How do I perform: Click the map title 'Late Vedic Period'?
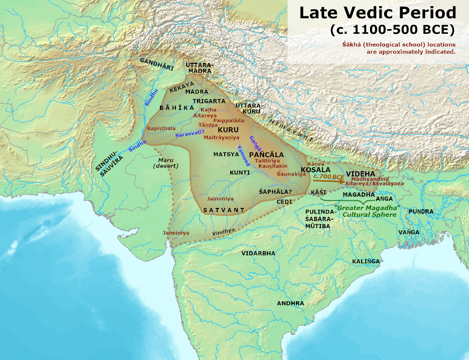click(378, 13)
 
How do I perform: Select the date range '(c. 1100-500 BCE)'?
click(392, 30)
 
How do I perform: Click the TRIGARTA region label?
click(207, 101)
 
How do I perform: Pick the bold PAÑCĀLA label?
click(266, 154)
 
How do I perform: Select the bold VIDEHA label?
click(360, 173)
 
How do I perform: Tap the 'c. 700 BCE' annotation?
click(329, 176)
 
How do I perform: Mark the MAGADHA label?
click(359, 194)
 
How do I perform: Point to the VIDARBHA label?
click(258, 253)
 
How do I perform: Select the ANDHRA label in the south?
click(290, 303)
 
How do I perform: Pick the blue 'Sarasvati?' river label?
click(190, 134)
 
